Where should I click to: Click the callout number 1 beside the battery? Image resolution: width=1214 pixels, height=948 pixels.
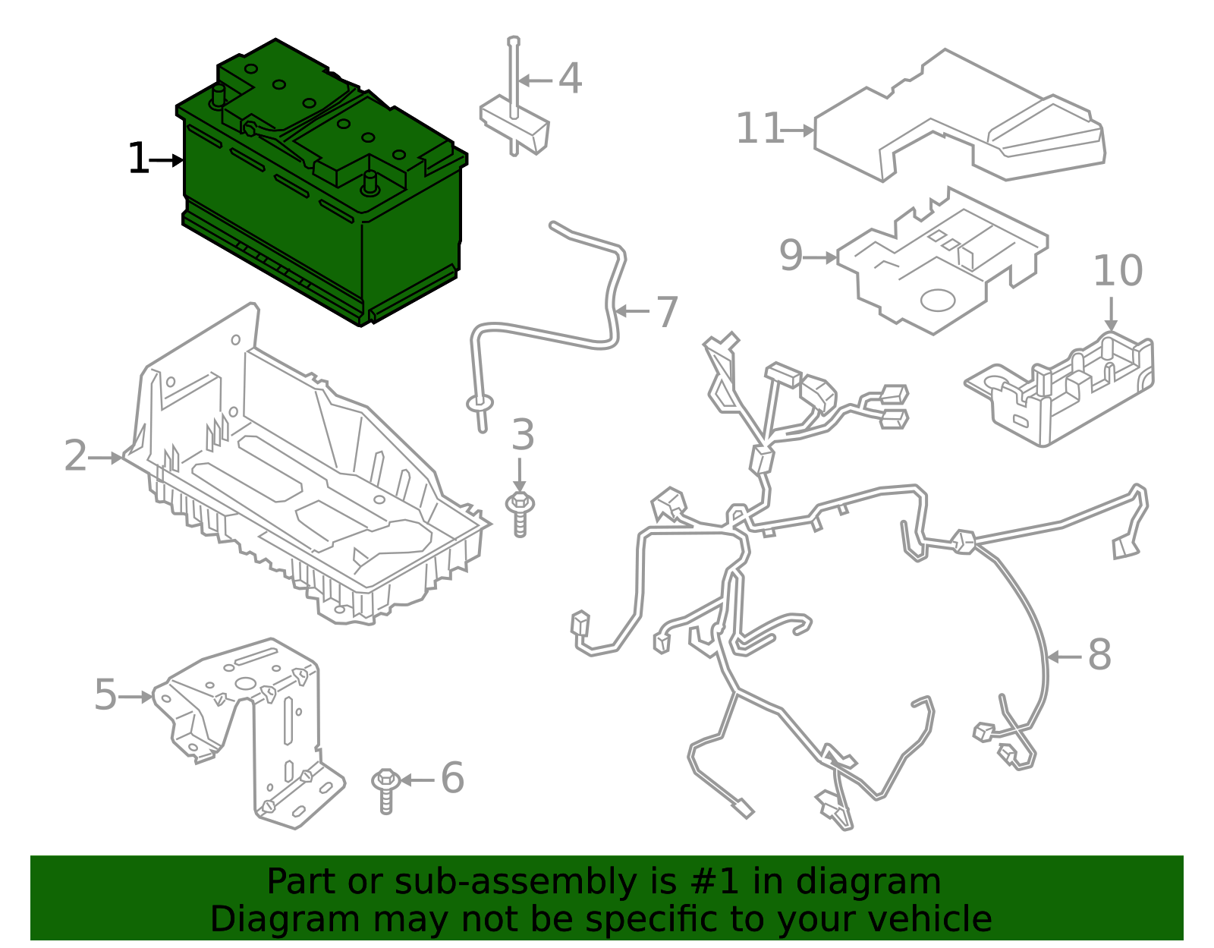point(137,159)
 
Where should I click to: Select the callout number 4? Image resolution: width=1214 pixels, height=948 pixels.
point(570,79)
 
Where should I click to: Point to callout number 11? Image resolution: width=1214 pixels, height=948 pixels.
point(759,128)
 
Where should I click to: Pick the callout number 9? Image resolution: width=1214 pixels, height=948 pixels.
point(791,256)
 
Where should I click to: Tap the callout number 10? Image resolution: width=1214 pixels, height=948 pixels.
point(1118,271)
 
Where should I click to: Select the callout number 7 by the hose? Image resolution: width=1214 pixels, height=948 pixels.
point(666,312)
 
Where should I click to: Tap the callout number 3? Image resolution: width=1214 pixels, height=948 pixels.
point(523,435)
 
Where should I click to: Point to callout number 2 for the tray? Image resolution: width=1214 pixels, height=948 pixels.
point(75,456)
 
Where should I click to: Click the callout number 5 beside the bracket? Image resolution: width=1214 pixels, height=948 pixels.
point(105,695)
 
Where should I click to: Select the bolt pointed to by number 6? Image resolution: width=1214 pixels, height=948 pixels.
point(386,789)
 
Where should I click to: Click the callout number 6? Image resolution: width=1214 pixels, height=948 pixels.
point(452,779)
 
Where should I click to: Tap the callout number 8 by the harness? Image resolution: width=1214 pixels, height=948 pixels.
point(1099,655)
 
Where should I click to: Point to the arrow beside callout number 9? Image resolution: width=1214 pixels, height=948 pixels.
point(822,258)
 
